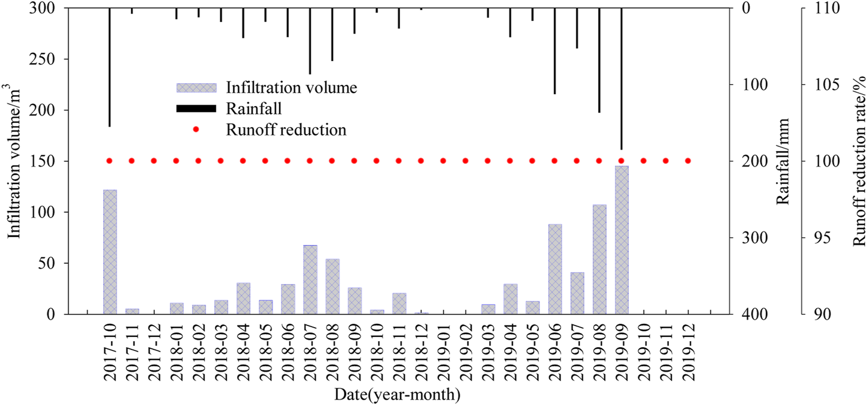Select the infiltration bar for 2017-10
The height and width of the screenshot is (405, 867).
point(110,252)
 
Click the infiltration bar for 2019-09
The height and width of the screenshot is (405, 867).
point(621,240)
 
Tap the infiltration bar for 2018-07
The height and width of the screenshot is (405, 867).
point(310,280)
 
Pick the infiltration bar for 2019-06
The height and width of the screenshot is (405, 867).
point(554,269)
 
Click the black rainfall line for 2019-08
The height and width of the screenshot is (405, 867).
point(599,60)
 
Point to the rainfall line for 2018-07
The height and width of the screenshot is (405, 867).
point(310,41)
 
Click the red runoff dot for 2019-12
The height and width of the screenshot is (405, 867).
point(688,161)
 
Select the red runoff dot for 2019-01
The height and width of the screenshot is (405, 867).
point(443,161)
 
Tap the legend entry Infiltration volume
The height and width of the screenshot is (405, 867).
point(291,88)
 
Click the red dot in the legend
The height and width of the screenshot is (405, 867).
point(197,130)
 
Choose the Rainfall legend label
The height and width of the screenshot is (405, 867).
point(254,109)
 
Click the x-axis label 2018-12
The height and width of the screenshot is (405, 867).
point(421,352)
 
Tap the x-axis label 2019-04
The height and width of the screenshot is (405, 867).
point(510,352)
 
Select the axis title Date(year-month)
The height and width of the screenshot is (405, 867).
point(397,395)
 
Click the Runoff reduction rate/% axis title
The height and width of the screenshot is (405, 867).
point(859,161)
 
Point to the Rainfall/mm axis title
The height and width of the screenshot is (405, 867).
point(783,161)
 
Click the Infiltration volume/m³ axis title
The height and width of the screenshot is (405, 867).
point(13,161)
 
